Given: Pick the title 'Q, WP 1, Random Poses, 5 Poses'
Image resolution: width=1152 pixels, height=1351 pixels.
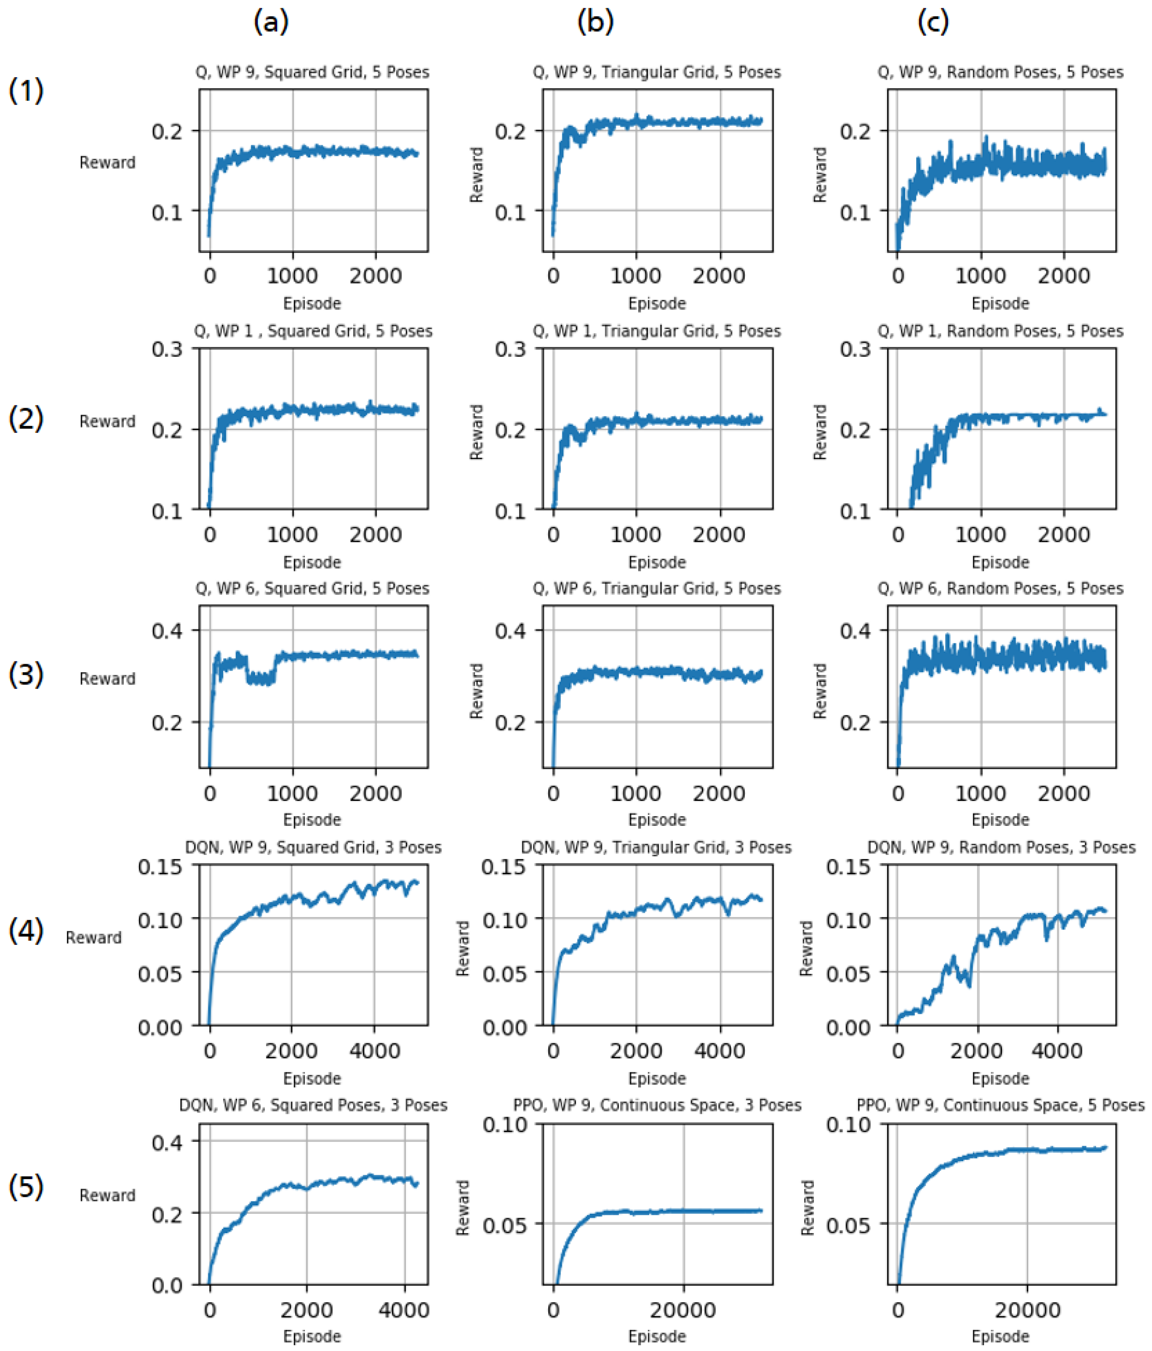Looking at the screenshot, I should (x=1000, y=331).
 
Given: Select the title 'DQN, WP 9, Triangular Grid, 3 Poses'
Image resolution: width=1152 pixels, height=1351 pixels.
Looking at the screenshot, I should (x=656, y=848).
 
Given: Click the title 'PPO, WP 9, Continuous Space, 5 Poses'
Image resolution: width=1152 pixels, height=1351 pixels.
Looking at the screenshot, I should (x=1000, y=1105).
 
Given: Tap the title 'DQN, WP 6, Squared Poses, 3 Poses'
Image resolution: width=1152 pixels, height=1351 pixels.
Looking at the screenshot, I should (x=313, y=1105).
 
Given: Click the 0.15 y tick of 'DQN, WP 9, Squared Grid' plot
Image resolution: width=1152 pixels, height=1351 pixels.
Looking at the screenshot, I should (x=160, y=867).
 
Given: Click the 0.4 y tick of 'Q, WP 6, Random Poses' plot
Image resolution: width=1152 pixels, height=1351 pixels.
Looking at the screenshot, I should (x=855, y=631).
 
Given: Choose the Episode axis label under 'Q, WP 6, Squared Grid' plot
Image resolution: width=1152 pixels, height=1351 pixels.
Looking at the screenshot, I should (x=312, y=820).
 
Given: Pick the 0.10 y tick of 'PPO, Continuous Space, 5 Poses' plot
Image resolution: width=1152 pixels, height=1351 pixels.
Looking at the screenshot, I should (x=848, y=1125).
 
